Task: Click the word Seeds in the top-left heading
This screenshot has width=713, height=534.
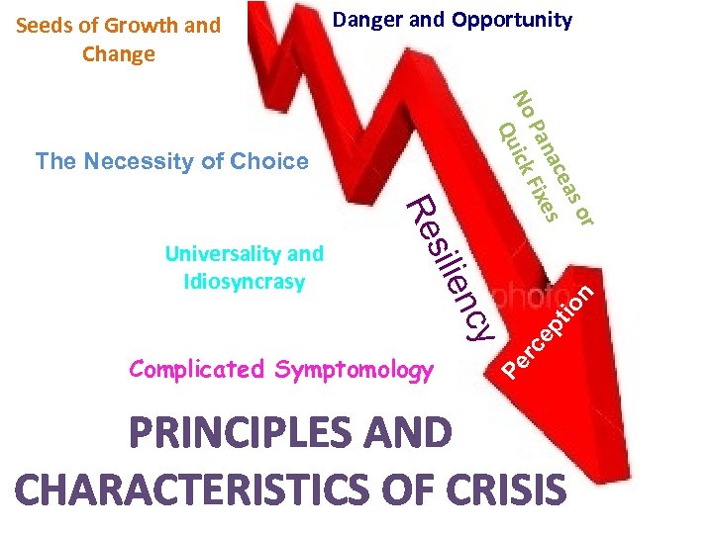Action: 44,26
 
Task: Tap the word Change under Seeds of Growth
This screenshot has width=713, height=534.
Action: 119,54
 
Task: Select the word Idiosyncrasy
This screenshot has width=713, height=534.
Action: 245,282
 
